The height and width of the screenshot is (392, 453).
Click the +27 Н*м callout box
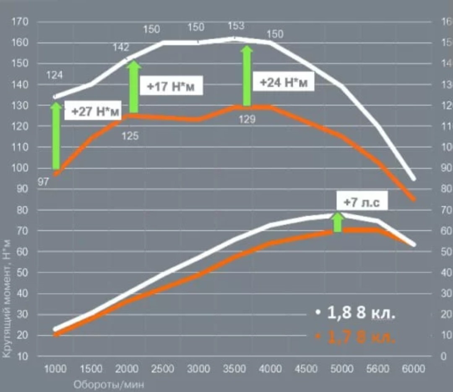(95, 112)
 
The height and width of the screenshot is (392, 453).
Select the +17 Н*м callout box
(171, 87)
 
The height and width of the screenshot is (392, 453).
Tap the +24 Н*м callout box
(284, 83)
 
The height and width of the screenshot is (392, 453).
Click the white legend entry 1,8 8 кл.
(356, 313)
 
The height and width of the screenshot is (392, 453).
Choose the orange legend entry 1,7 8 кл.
(356, 336)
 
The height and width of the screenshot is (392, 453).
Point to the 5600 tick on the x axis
(377, 369)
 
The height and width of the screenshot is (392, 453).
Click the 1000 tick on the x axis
(55, 369)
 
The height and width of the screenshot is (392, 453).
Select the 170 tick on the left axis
(20, 22)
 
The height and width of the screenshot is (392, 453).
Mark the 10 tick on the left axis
(22, 357)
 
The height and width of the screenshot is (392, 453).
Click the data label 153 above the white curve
(236, 26)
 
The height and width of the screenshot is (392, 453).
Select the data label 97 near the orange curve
(43, 182)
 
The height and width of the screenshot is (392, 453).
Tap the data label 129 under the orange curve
(247, 120)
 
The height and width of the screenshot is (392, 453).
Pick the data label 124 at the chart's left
(55, 75)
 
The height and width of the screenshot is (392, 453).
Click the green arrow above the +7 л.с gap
(337, 222)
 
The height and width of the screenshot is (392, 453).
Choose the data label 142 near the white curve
(121, 47)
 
